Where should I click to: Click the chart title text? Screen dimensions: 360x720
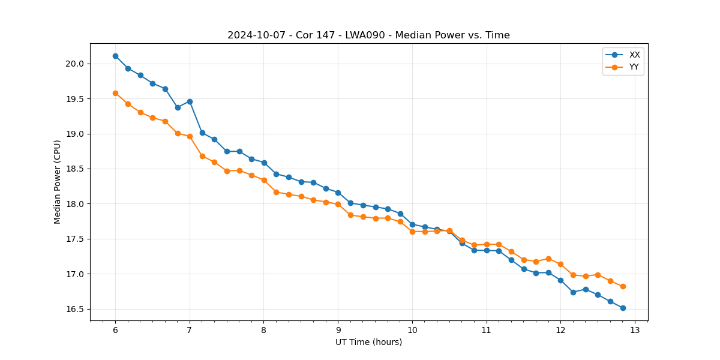368,35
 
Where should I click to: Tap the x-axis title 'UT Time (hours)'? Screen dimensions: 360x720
368,342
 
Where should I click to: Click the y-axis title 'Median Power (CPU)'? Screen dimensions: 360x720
58,182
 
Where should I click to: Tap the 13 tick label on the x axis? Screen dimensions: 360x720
635,331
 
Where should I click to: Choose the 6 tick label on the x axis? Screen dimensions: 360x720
115,331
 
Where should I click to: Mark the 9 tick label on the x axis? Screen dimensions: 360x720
338,331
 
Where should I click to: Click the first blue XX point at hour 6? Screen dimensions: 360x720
115,56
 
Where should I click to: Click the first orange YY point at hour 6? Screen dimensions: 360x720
115,93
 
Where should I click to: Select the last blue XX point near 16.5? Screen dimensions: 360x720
623,308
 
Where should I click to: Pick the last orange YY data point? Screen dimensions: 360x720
623,286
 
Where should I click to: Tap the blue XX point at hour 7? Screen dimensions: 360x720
190,101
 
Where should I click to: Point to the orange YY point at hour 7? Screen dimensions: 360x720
190,136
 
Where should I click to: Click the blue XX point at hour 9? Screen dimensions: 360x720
338,193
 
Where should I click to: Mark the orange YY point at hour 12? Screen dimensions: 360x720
560,264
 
